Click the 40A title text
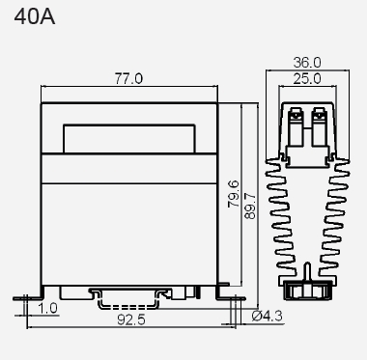pyautogui.click(x=35, y=16)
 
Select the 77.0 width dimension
pyautogui.click(x=128, y=78)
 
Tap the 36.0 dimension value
pyautogui.click(x=307, y=63)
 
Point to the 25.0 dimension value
pyautogui.click(x=307, y=78)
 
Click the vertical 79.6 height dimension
pyautogui.click(x=234, y=194)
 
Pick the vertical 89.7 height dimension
pyautogui.click(x=250, y=206)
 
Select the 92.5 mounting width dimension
pyautogui.click(x=131, y=319)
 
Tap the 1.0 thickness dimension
pyautogui.click(x=48, y=308)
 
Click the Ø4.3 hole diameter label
pyautogui.click(x=268, y=317)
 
